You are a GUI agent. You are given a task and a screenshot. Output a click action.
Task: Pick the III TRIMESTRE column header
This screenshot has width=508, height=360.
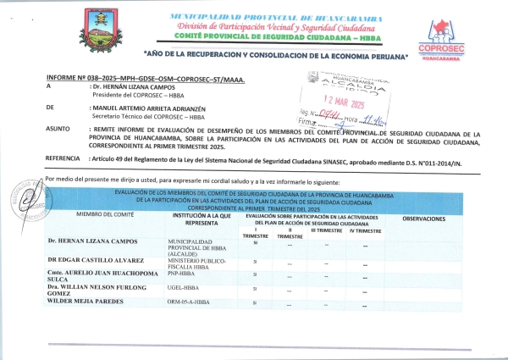pos(326,230)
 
